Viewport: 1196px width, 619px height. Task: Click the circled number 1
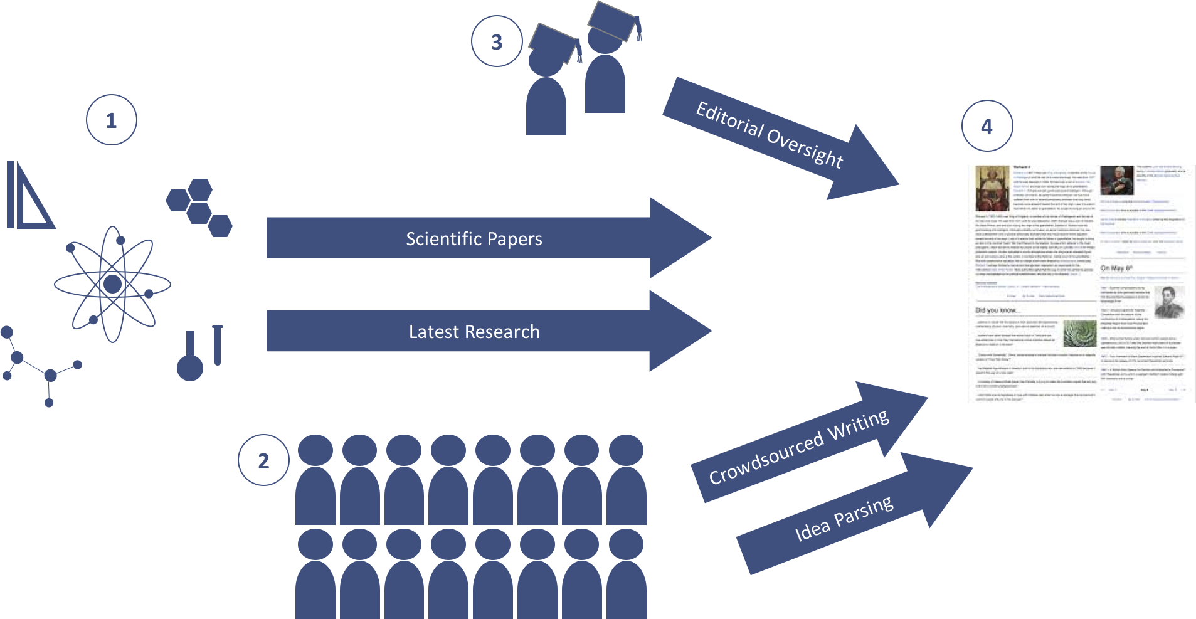point(112,120)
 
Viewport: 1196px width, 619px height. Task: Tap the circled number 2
point(263,461)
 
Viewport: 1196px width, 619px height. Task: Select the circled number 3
point(497,42)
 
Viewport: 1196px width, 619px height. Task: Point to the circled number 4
point(987,127)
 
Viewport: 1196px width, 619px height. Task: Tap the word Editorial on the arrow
point(729,119)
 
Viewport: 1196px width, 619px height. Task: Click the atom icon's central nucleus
point(113,284)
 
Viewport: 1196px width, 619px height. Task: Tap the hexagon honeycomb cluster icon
point(199,207)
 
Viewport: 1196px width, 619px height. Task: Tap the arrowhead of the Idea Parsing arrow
point(941,486)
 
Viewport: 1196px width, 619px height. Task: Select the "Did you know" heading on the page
point(996,310)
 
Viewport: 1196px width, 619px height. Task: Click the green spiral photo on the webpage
point(1080,333)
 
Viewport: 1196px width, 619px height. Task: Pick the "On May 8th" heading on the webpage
point(1116,268)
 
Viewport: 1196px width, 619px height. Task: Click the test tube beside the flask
point(218,345)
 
